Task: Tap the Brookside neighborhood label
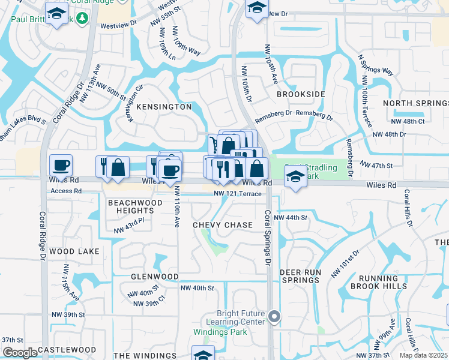[x=301, y=95]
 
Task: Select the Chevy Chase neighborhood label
[x=223, y=225]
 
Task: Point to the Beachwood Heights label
[x=135, y=207]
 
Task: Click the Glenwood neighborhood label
[x=155, y=277]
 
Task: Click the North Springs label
[x=415, y=103]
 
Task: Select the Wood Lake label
[x=74, y=251]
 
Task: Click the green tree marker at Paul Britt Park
[x=85, y=19]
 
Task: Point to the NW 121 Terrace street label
[x=238, y=194]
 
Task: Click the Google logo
[x=20, y=353]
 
